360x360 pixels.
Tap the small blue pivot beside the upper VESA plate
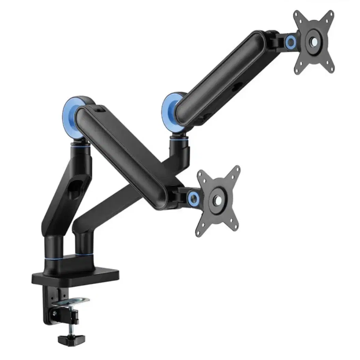[x=291, y=42]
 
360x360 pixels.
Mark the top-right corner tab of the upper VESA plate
[x=329, y=15]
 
